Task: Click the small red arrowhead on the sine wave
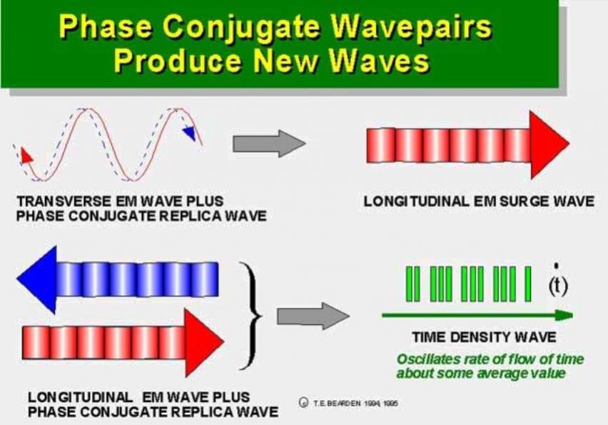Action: tap(26, 155)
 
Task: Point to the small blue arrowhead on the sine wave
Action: tap(190, 133)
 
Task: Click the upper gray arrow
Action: tap(269, 144)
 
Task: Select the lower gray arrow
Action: tap(313, 316)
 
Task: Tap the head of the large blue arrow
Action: tap(37, 279)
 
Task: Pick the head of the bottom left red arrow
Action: tap(204, 343)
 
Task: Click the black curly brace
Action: tap(251, 315)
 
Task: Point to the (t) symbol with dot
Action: tap(558, 283)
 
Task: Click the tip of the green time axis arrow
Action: tap(572, 315)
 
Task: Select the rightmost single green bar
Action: tap(528, 284)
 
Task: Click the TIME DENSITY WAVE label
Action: tap(485, 337)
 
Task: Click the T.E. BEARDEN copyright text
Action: tap(350, 404)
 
